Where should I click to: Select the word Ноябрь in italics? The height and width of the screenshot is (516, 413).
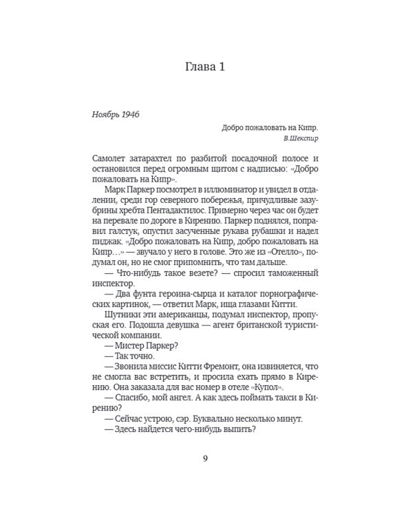pyautogui.click(x=103, y=114)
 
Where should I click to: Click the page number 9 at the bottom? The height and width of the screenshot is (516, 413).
pyautogui.click(x=206, y=460)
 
